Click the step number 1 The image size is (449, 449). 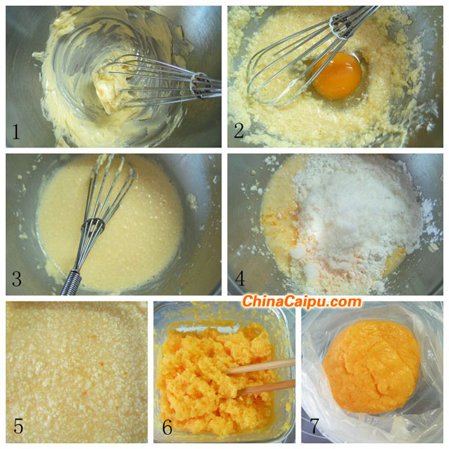[16, 132]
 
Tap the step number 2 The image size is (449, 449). [239, 131]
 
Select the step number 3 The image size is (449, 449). [16, 279]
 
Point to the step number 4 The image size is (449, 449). [240, 278]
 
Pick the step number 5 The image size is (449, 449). [18, 426]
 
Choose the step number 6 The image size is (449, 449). [168, 427]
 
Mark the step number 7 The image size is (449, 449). [315, 426]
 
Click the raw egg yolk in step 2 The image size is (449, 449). [337, 75]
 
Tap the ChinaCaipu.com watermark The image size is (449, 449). [302, 302]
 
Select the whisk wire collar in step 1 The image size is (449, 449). [201, 85]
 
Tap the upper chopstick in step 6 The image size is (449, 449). [260, 366]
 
